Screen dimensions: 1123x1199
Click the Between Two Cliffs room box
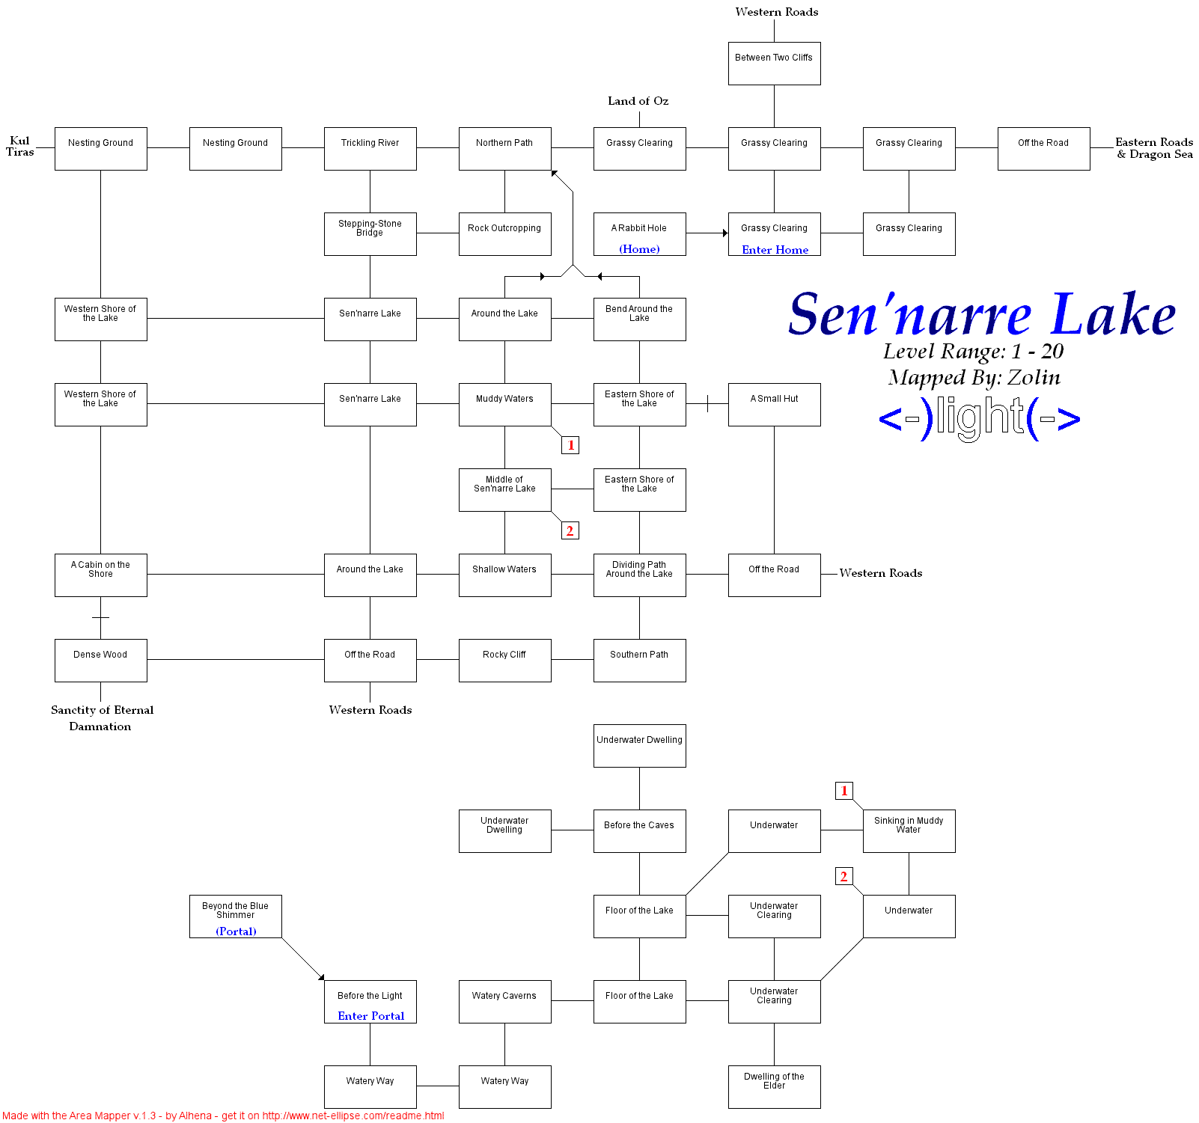point(774,64)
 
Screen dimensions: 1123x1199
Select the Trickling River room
point(370,149)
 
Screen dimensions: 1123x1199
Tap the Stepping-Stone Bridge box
point(370,234)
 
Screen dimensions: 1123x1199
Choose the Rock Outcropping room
point(504,234)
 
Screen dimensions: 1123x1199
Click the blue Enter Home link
point(775,250)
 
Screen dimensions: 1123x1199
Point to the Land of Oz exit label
point(638,101)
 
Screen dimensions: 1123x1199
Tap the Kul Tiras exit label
point(20,146)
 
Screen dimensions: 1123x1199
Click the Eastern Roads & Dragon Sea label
point(1154,148)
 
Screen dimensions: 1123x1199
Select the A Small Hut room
point(774,405)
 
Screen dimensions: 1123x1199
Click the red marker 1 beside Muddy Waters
point(570,445)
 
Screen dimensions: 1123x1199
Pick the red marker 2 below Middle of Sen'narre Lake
point(570,530)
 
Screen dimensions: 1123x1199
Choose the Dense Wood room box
point(100,661)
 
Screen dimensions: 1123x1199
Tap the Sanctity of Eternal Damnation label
point(102,717)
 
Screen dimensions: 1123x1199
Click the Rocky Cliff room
point(504,661)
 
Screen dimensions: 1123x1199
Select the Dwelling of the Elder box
point(774,1087)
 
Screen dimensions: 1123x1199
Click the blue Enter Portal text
point(370,1016)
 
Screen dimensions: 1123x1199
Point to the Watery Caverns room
point(504,1002)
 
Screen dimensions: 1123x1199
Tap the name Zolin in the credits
point(1034,378)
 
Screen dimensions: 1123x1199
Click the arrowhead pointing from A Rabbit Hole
point(724,233)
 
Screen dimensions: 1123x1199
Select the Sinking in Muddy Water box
point(909,831)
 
